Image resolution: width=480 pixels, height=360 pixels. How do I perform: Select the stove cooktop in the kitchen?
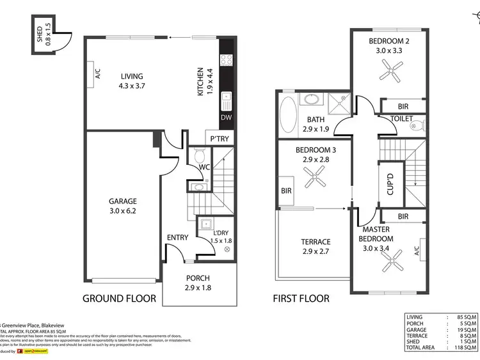(227, 61)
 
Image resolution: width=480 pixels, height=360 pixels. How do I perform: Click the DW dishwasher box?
(227, 118)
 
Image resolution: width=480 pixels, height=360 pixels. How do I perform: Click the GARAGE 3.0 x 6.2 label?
(123, 205)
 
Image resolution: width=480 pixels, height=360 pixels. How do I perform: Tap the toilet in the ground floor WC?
(199, 155)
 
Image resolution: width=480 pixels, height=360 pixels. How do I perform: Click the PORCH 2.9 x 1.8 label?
(198, 283)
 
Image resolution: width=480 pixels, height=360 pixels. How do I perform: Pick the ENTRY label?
(177, 238)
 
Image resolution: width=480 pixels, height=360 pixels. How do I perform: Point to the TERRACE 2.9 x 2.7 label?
(316, 247)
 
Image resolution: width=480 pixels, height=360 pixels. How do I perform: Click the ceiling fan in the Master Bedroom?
(390, 259)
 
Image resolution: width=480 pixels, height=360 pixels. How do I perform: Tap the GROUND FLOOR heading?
(119, 299)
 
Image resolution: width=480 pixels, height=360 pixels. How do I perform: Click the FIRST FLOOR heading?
(301, 299)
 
